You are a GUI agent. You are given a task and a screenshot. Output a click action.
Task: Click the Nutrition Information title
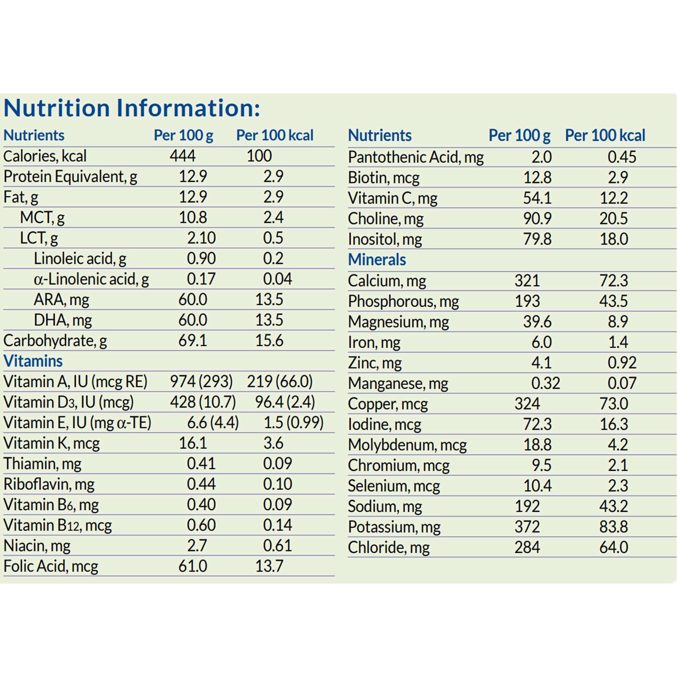(132, 108)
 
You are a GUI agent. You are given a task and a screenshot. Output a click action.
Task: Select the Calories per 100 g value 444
(182, 156)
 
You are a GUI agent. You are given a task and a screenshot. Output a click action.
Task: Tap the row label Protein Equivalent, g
(70, 176)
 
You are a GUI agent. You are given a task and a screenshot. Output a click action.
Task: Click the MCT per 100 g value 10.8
(193, 217)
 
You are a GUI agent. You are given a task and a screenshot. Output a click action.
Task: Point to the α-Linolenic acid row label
(91, 279)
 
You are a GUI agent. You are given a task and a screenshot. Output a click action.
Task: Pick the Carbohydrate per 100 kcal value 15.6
(269, 341)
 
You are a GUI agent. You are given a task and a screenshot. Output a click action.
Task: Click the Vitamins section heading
(33, 361)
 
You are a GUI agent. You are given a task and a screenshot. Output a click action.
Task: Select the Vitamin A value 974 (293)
(201, 381)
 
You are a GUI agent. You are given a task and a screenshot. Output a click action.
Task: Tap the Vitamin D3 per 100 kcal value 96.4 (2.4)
(285, 402)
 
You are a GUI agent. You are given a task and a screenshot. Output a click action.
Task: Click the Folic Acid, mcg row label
(51, 566)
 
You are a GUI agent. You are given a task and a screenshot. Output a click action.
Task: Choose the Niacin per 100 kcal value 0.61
(277, 546)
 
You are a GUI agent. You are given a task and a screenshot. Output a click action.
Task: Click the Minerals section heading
(377, 260)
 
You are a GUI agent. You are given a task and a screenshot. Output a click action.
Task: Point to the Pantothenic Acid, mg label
(416, 157)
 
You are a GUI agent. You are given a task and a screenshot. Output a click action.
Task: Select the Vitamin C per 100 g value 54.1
(537, 198)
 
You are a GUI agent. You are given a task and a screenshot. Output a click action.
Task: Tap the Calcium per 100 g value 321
(527, 281)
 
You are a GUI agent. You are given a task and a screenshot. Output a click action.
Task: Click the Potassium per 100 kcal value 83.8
(614, 527)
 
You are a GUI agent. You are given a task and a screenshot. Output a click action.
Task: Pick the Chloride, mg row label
(389, 547)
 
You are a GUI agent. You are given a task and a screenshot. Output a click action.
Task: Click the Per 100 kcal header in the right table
(605, 135)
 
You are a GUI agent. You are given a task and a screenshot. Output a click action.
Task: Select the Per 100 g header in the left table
(183, 135)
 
